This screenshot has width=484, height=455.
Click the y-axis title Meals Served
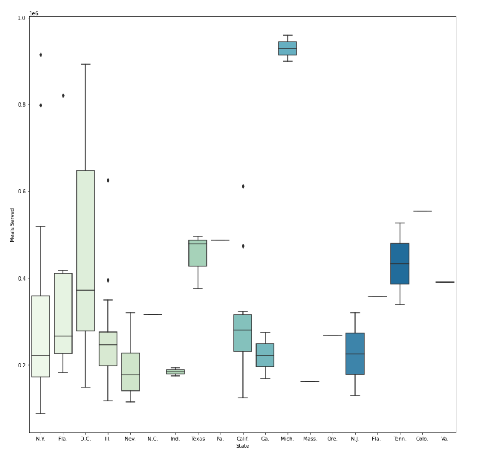pyautogui.click(x=12, y=225)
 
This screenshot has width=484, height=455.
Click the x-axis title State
pyautogui.click(x=242, y=446)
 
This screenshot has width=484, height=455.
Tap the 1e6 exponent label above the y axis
pyautogui.click(x=34, y=14)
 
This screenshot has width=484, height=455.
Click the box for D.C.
pyautogui.click(x=86, y=250)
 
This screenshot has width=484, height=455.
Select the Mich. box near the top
pyautogui.click(x=287, y=49)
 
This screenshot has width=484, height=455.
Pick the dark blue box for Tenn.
pyautogui.click(x=400, y=263)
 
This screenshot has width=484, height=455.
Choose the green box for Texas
pyautogui.click(x=198, y=253)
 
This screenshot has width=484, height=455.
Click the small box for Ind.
pyautogui.click(x=175, y=372)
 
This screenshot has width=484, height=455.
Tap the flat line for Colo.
pyautogui.click(x=422, y=211)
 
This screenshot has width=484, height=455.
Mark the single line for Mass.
pyautogui.click(x=310, y=382)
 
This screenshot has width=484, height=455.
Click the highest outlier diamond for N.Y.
pyautogui.click(x=41, y=55)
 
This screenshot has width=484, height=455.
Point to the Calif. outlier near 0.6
pyautogui.click(x=243, y=187)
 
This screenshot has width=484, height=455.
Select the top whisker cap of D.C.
pyautogui.click(x=86, y=64)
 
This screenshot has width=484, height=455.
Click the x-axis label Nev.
pyautogui.click(x=130, y=439)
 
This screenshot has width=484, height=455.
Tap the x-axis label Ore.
pyautogui.click(x=332, y=439)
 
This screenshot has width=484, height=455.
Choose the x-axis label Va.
pyautogui.click(x=444, y=439)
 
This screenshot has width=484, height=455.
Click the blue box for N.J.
pyautogui.click(x=355, y=354)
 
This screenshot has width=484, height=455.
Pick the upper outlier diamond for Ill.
pyautogui.click(x=108, y=180)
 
